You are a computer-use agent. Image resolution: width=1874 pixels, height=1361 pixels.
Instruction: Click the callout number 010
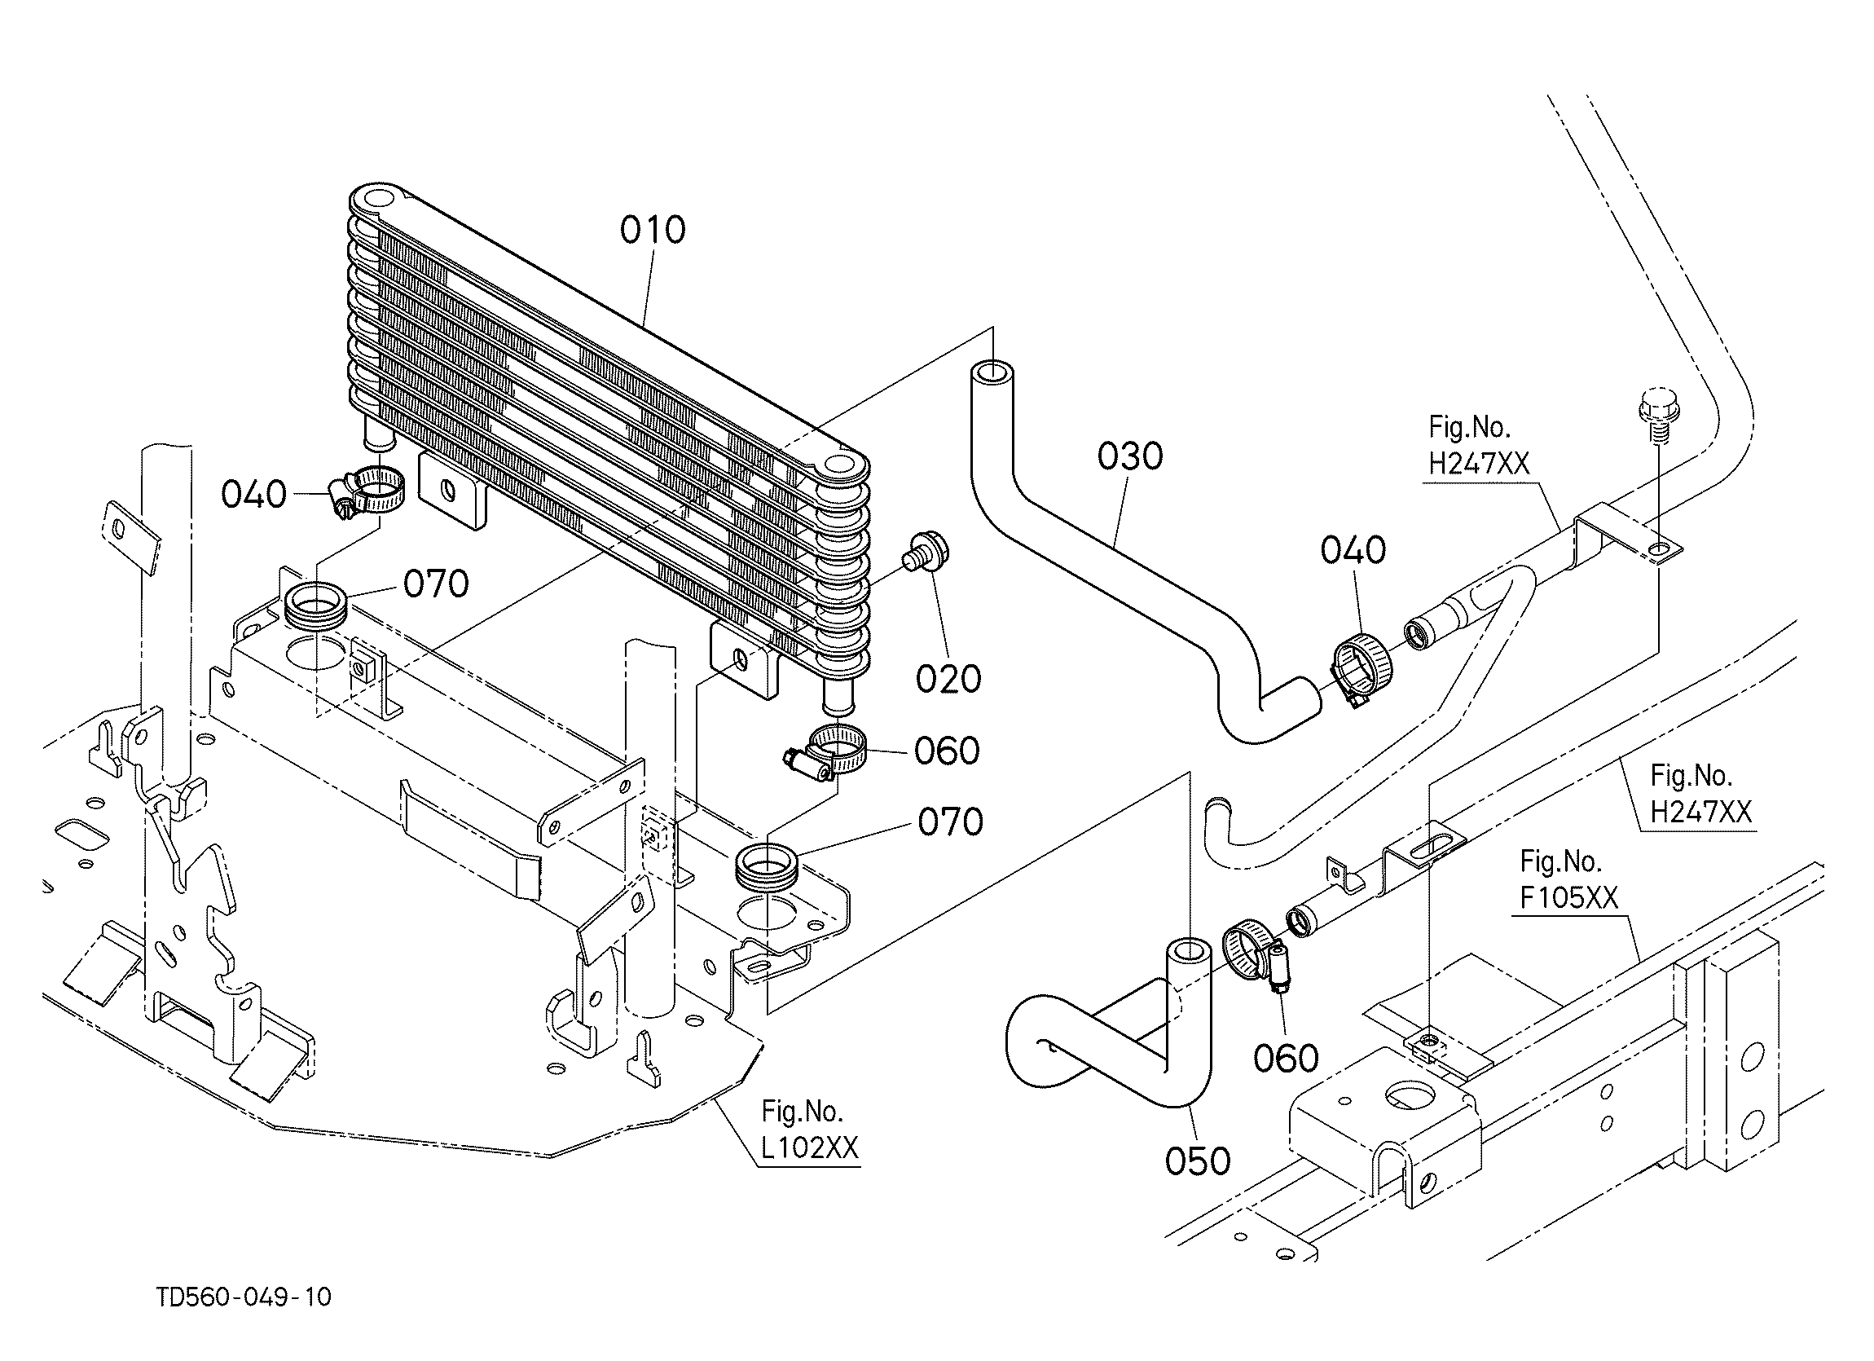coord(653,230)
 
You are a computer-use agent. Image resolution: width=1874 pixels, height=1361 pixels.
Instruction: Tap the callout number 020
coord(948,678)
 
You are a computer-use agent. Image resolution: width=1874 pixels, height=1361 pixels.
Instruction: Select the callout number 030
coord(1129,456)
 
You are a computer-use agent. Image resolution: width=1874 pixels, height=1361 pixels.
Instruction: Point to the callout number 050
coord(1197,1161)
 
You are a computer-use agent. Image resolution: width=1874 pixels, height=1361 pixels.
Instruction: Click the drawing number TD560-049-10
coord(244,1297)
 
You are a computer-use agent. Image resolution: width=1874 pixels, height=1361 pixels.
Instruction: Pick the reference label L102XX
coord(809,1147)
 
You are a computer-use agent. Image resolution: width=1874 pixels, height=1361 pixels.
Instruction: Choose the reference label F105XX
coord(1569,896)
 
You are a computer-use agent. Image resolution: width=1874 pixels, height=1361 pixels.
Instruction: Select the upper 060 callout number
coord(947,751)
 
